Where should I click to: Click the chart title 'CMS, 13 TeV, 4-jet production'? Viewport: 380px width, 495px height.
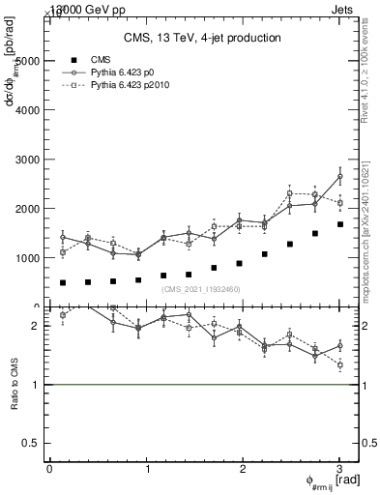click(202, 38)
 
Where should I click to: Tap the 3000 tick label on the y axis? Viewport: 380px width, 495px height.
click(26, 159)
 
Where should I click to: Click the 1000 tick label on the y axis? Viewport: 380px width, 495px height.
click(26, 258)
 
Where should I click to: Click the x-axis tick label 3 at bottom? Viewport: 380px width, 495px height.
click(339, 469)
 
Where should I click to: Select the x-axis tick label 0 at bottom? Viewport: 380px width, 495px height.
click(49, 469)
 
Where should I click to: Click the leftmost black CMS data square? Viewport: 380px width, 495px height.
click(63, 283)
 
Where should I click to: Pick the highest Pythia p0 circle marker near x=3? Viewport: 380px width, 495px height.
click(339, 176)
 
